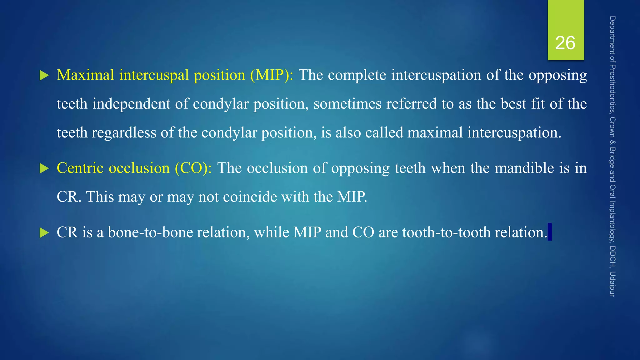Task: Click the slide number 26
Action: point(565,43)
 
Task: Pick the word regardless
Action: point(124,133)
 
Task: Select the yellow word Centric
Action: point(80,168)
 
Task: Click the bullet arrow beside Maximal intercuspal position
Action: point(44,75)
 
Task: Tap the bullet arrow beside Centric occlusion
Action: point(44,169)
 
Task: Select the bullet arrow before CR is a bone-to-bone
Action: point(44,233)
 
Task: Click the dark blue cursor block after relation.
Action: point(550,232)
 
